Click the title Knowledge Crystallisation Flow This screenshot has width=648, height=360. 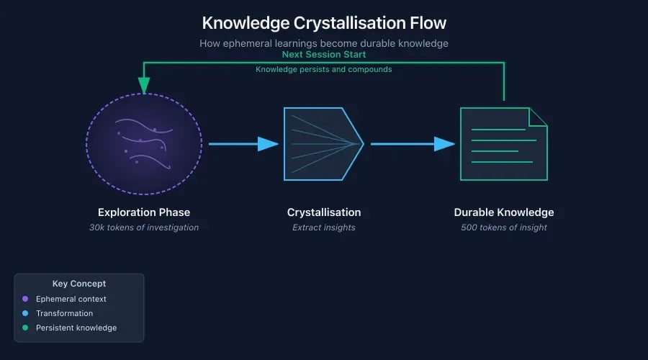[323, 22]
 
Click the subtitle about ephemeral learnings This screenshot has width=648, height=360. [323, 43]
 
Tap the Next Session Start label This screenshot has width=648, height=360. [323, 55]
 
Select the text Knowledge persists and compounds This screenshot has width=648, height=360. [323, 69]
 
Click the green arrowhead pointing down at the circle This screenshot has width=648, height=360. [144, 86]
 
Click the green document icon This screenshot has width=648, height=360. [503, 144]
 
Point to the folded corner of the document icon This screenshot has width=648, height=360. [539, 117]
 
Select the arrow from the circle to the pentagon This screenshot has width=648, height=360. [242, 144]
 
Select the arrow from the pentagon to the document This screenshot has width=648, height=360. [412, 144]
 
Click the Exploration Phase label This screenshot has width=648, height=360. [144, 212]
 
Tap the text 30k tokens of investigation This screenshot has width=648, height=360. [144, 228]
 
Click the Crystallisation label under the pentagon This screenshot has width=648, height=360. [323, 212]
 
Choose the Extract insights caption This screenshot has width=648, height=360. [323, 228]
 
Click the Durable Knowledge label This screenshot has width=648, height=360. [503, 212]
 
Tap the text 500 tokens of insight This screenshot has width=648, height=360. [503, 228]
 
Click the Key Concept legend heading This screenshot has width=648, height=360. [79, 284]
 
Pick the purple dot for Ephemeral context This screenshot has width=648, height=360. [25, 299]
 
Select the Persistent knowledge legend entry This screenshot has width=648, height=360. [76, 328]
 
